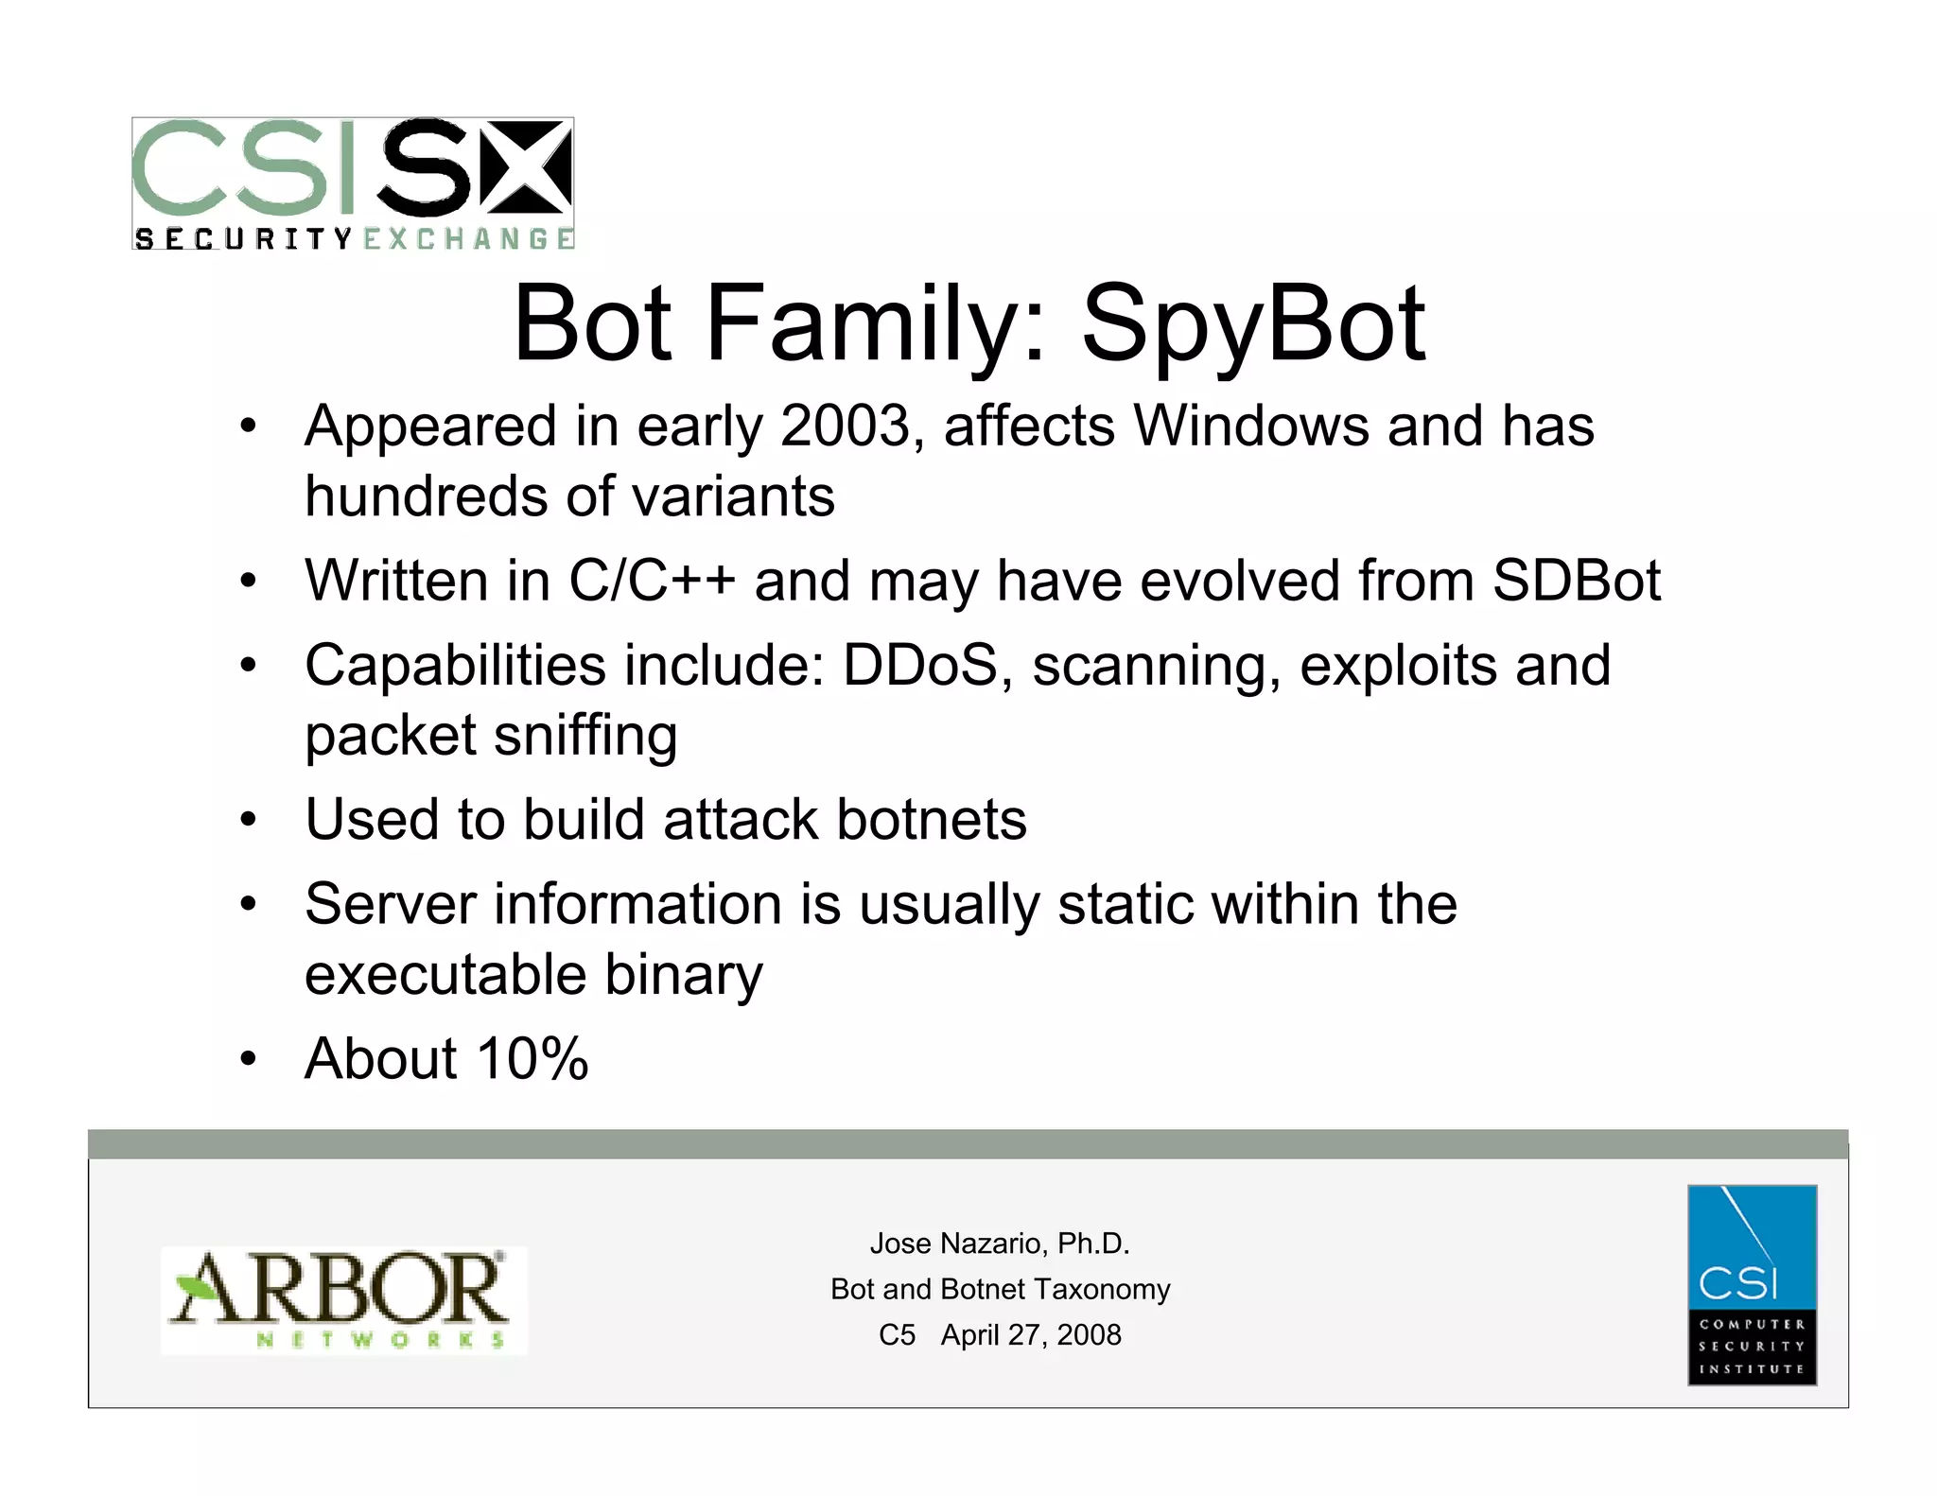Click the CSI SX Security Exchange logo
tap(353, 183)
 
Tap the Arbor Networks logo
tap(343, 1300)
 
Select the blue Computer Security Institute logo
tap(1752, 1284)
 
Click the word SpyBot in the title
tap(1252, 324)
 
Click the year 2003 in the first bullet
tap(845, 426)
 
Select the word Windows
tap(1250, 426)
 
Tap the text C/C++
tap(652, 580)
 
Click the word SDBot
tap(1576, 580)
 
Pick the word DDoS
tap(920, 665)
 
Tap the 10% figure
tap(532, 1058)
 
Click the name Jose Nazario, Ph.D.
tap(1000, 1244)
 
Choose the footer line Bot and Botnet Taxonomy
tap(1000, 1289)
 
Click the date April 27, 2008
tap(1031, 1334)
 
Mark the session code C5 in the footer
tap(897, 1334)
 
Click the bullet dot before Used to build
tap(248, 819)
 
